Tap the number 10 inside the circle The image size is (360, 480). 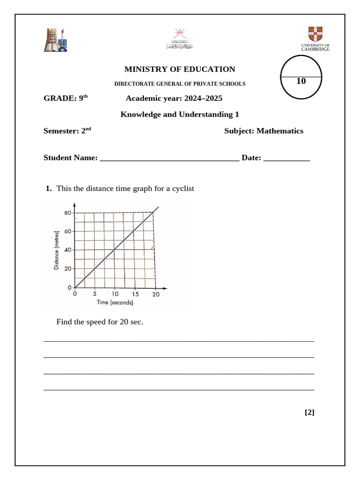[x=301, y=81]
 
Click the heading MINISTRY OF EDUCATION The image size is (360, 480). [x=180, y=69]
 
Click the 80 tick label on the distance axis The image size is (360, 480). [x=68, y=213]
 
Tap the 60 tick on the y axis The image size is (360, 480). [x=68, y=232]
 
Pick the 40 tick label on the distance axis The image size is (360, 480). [x=68, y=250]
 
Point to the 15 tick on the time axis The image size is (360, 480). [x=135, y=294]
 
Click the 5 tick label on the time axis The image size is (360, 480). [x=95, y=294]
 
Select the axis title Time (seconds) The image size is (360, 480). [x=115, y=303]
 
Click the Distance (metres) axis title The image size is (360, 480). [x=57, y=250]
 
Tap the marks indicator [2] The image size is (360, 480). [x=309, y=412]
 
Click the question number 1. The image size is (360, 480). [x=48, y=188]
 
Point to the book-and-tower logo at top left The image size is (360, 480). [x=56, y=40]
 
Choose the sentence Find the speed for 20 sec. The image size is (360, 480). [x=99, y=322]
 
